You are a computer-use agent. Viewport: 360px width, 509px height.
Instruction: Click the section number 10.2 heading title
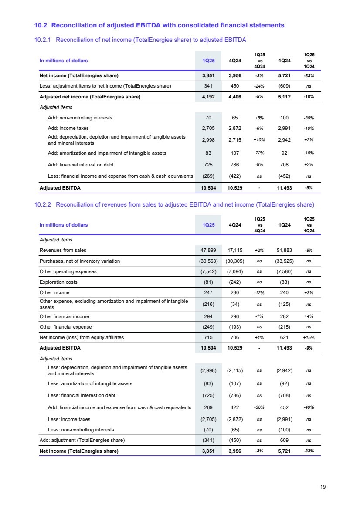pos(159,25)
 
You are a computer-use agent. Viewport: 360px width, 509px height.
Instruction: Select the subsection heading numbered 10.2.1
pos(140,41)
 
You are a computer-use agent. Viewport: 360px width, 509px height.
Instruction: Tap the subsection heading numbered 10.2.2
pos(174,204)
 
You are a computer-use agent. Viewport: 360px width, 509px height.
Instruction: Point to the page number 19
pos(323,486)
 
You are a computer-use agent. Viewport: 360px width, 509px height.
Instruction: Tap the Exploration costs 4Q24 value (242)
pos(235,282)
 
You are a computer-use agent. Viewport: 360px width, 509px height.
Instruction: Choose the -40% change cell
pos(309,408)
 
